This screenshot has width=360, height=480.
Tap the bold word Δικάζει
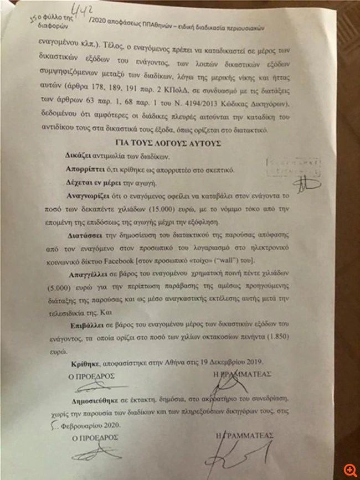[x=78, y=156]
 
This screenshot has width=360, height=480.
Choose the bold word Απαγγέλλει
[x=89, y=275]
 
